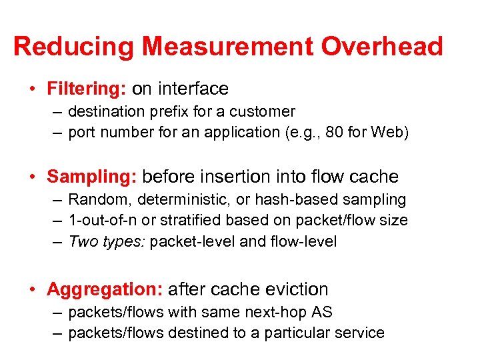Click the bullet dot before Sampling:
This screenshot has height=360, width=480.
coord(33,177)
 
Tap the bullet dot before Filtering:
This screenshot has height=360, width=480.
coord(33,89)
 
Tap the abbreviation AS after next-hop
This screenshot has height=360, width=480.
coord(322,312)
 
